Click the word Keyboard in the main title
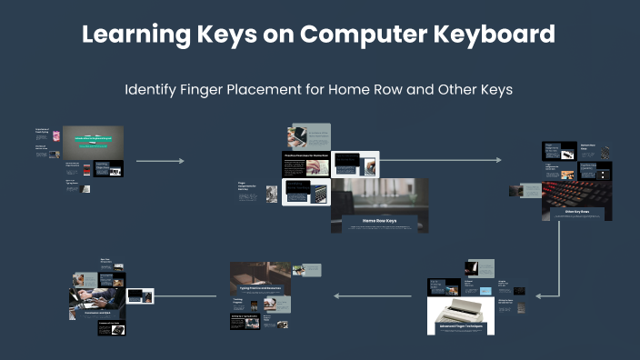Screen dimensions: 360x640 click(490, 35)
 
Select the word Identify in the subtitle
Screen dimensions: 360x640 click(154, 90)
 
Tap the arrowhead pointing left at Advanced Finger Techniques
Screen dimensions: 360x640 click(539, 295)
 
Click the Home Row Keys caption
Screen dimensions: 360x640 click(379, 221)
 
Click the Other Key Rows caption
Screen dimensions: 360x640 click(576, 212)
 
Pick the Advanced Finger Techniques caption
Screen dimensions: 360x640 click(460, 325)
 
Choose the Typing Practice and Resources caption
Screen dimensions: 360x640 click(260, 287)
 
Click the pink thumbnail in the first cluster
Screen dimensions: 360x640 click(55, 136)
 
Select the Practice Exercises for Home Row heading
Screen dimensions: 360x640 click(305, 155)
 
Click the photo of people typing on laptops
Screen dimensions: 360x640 click(95, 300)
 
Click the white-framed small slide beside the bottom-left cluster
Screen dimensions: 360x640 click(140, 295)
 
